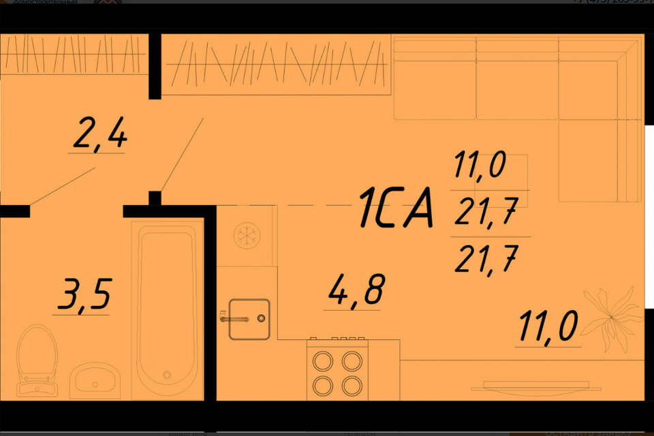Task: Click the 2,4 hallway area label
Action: [x=99, y=136]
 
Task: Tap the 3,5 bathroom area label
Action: [x=82, y=297]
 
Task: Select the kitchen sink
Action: [x=249, y=318]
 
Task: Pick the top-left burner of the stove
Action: [x=322, y=360]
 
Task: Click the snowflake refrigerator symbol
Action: [x=247, y=236]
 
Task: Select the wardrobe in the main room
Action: [x=276, y=64]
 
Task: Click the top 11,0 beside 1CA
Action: [x=478, y=166]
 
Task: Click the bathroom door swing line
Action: [x=63, y=185]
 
